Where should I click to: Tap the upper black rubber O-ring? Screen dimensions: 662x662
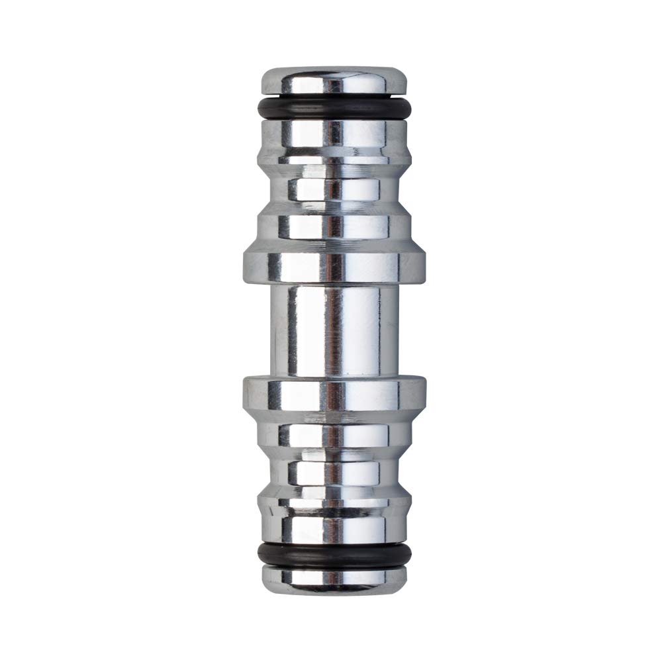tap(333, 109)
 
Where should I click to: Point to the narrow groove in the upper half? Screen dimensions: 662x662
tap(333, 189)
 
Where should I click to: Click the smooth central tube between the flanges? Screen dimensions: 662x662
tap(333, 331)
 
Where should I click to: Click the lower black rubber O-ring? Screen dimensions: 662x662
tap(333, 554)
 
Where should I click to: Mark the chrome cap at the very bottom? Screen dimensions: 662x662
tap(333, 578)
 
